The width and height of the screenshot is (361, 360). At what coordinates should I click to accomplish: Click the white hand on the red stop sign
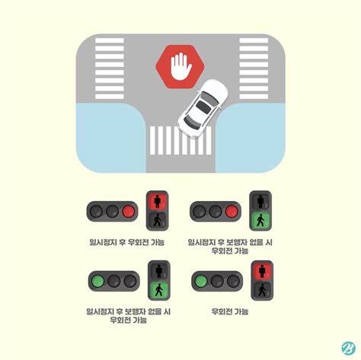(180, 67)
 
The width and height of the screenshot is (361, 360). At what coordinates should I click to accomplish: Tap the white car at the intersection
(202, 107)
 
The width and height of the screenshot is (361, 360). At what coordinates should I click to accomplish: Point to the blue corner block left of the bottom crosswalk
(107, 136)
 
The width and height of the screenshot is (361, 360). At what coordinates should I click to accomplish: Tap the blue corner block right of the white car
(251, 136)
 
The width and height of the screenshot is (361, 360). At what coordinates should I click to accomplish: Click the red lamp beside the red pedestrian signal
(128, 211)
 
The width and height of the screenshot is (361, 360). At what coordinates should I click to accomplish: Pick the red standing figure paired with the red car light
(158, 202)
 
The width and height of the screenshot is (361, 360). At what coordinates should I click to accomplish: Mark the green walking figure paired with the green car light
(158, 290)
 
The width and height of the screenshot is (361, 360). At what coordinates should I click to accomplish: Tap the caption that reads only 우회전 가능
(230, 311)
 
